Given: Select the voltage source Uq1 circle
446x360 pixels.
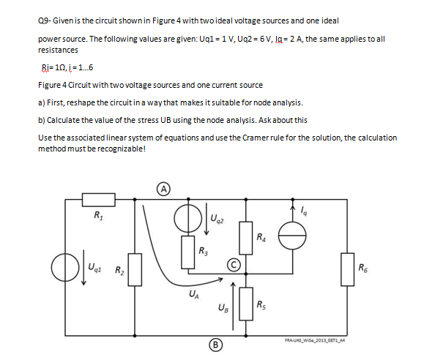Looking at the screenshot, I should (x=66, y=266).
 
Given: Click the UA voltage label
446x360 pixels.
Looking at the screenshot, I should (x=191, y=295).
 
